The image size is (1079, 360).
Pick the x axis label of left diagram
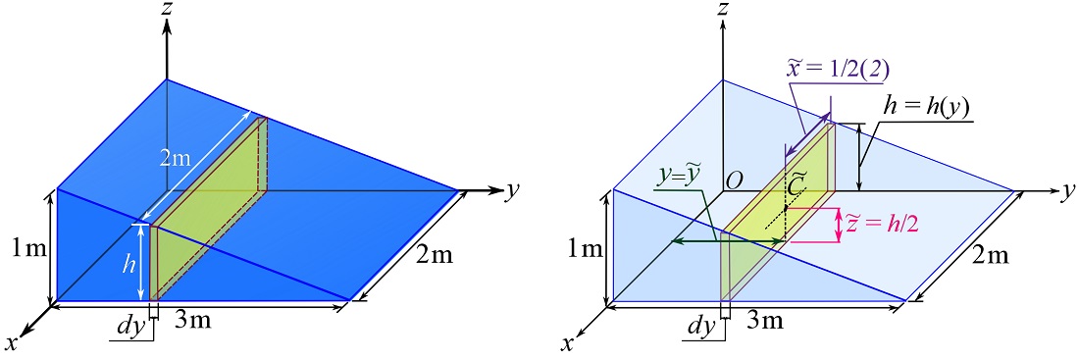coord(12,343)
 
